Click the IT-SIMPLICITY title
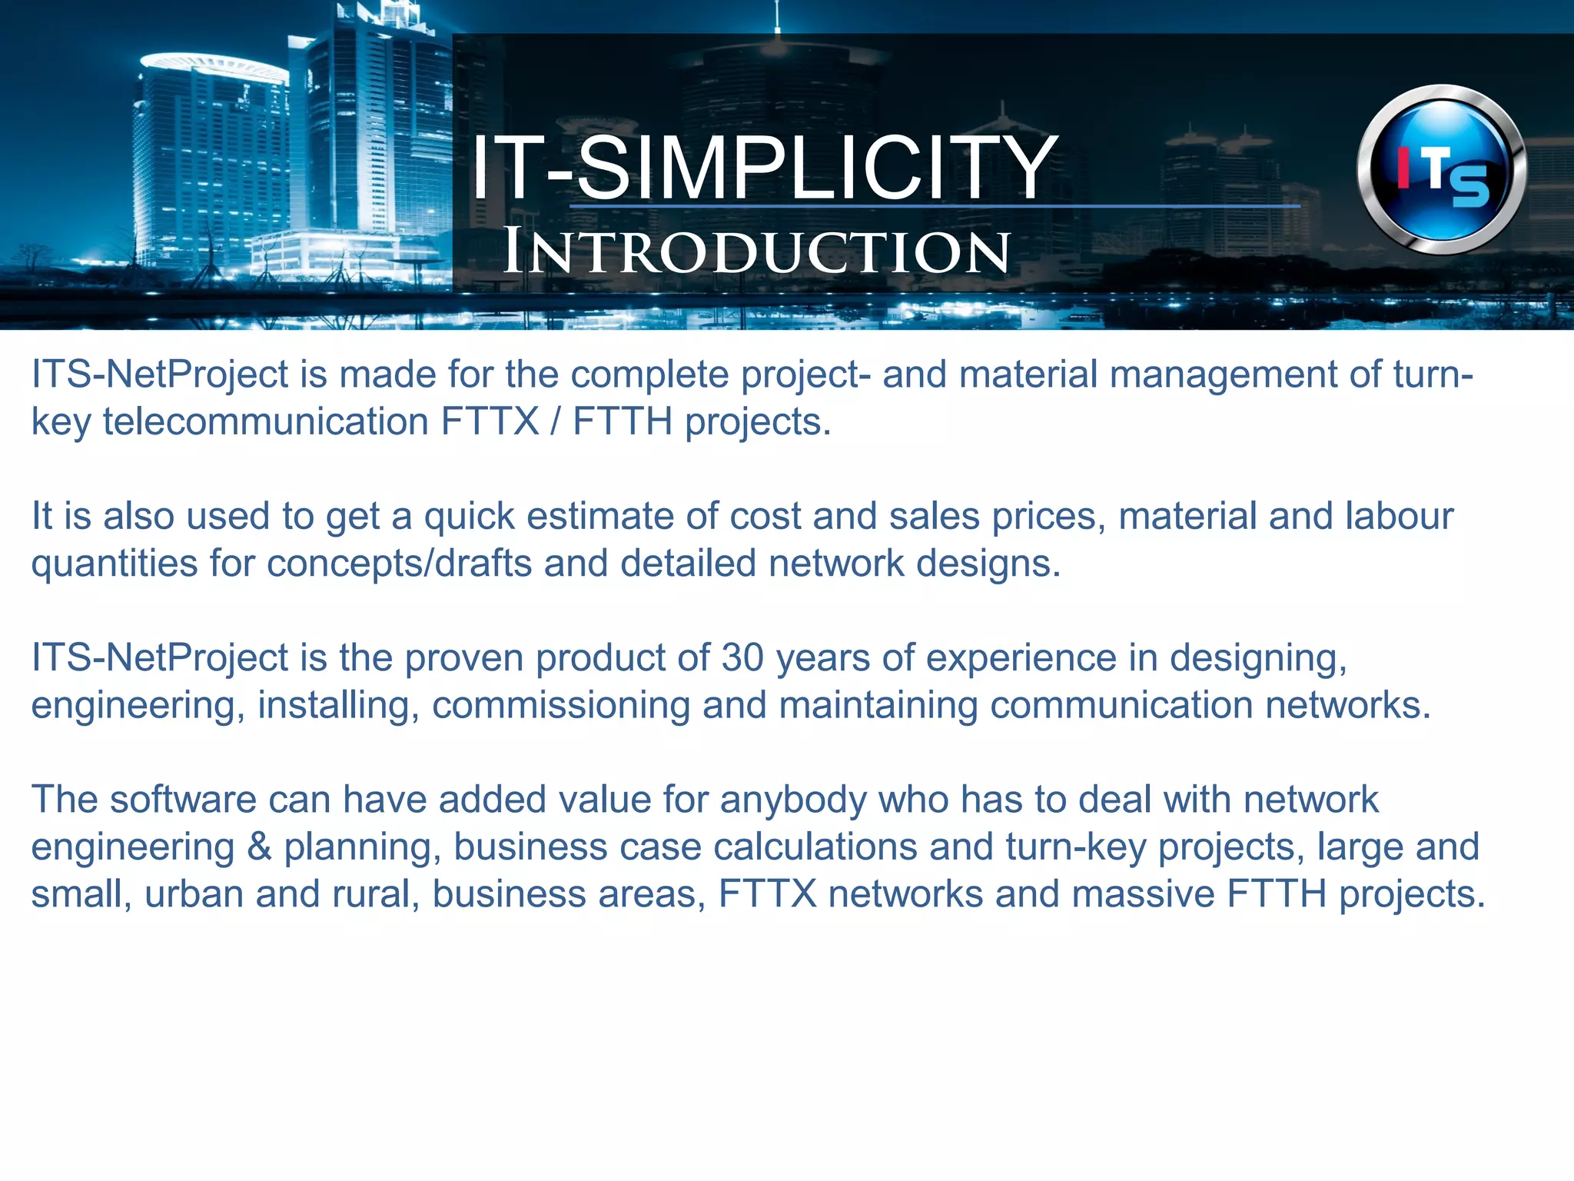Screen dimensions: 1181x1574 [x=763, y=168]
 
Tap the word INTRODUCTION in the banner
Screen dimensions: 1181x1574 [x=756, y=252]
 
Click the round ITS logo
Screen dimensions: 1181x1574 [x=1441, y=170]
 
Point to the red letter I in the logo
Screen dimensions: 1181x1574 [x=1403, y=168]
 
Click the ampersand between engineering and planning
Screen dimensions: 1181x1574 [x=260, y=847]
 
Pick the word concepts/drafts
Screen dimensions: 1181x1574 [x=400, y=564]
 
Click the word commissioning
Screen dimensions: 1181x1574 [x=561, y=706]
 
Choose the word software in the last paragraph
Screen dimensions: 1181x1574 [x=183, y=800]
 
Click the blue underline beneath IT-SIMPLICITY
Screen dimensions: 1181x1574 [x=934, y=206]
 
